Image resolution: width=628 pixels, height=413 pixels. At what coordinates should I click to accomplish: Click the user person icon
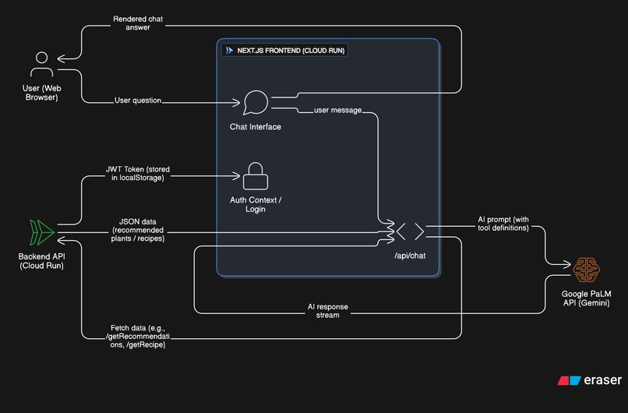click(42, 65)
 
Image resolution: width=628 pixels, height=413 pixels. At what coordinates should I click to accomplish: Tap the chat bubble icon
click(256, 103)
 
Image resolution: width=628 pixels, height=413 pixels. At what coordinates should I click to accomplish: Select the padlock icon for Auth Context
click(256, 176)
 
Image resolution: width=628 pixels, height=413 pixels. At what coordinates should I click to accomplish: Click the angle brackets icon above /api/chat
click(410, 231)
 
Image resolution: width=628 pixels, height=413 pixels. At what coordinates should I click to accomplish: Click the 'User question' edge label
click(138, 101)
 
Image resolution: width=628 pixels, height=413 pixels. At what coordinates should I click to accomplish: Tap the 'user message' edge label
click(337, 110)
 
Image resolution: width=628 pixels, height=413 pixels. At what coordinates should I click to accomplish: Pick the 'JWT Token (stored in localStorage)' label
click(136, 173)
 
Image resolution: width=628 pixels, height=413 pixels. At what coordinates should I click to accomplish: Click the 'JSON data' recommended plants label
click(139, 230)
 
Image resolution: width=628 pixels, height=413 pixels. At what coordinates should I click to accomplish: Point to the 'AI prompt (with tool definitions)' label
click(503, 224)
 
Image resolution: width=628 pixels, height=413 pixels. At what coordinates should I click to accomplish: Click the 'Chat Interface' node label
click(256, 127)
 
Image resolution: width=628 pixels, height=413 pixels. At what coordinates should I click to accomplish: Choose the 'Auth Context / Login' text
click(256, 205)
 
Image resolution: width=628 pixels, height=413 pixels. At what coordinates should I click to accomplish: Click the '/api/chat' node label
click(410, 255)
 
